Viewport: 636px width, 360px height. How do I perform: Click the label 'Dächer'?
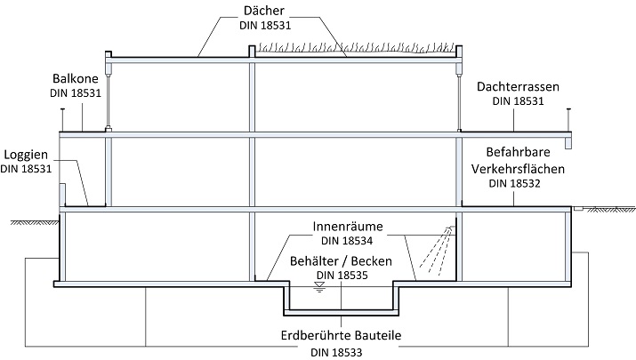(x=266, y=10)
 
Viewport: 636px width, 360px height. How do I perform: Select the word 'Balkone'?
(x=74, y=77)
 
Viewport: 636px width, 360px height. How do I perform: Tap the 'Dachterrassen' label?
(x=518, y=87)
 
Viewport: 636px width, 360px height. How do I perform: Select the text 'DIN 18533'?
(x=340, y=352)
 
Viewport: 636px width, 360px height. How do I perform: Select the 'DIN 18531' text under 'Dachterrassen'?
(x=518, y=101)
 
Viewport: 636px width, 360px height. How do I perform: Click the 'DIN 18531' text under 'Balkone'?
(x=74, y=92)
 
